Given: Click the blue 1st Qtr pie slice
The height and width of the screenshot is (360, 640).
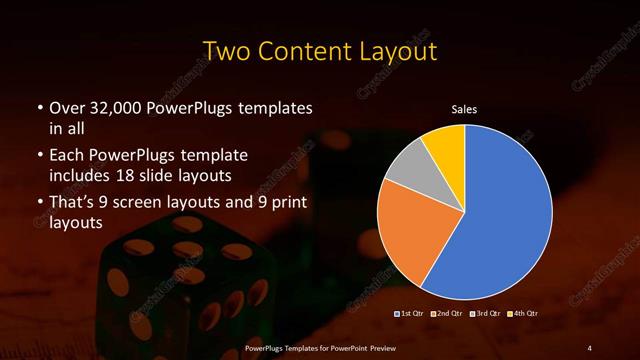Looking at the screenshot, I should (505, 215).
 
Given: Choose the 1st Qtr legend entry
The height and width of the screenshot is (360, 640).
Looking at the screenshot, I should (411, 315).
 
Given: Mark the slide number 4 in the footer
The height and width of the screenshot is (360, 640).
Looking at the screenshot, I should (589, 347).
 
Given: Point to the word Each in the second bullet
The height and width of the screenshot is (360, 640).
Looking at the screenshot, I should (66, 156).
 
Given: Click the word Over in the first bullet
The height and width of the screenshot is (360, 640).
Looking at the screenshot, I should (68, 107).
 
